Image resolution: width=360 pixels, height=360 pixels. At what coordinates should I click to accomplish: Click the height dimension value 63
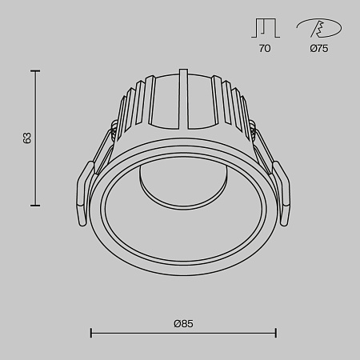(26, 138)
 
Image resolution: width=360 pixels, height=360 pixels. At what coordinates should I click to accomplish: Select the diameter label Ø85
(183, 323)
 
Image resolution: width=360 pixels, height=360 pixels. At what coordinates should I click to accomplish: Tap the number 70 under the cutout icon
(265, 49)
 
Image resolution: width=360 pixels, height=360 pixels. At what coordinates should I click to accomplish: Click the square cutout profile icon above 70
(265, 28)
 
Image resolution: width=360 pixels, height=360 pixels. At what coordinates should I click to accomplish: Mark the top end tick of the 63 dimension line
(34, 70)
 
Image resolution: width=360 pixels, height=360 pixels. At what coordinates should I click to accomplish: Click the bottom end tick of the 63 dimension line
(34, 206)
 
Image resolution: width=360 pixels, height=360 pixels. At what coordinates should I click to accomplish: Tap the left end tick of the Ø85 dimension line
(90, 332)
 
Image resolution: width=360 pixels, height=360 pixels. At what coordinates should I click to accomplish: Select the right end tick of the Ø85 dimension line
(276, 332)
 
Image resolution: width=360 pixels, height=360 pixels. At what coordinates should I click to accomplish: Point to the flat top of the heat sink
(183, 78)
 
